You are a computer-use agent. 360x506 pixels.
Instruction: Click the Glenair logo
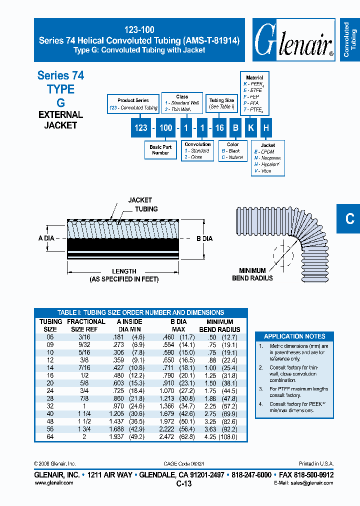(293, 40)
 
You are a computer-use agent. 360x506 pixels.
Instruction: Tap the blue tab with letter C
(348, 218)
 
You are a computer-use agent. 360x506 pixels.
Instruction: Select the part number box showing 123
(141, 128)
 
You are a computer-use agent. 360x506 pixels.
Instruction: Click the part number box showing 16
(219, 128)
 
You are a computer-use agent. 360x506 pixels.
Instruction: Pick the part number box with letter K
(251, 128)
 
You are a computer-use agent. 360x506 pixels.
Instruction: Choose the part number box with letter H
(266, 128)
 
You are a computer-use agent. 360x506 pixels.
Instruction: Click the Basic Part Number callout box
(160, 150)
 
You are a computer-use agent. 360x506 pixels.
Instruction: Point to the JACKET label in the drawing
(140, 200)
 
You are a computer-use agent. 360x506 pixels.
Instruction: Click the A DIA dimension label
(46, 238)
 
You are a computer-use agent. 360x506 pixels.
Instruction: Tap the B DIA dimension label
(204, 238)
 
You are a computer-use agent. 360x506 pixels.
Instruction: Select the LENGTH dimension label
(124, 271)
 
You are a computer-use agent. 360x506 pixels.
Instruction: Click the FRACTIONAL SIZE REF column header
(86, 325)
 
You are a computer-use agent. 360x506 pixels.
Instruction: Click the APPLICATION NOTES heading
(294, 336)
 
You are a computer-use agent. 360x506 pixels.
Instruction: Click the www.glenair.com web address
(53, 482)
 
